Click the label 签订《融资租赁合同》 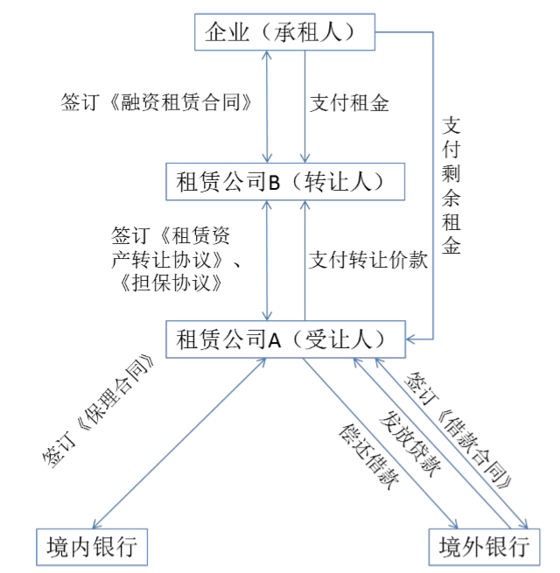coord(157,102)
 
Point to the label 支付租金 coord(349,103)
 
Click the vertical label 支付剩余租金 coord(451,185)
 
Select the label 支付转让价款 coord(368,260)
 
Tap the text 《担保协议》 coord(171,283)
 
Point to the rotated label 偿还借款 coord(368,457)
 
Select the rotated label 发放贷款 coord(409,444)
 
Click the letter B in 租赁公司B coord(274,182)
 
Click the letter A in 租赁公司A coord(275,340)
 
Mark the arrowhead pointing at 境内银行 coord(95,525)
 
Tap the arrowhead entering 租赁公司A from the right coord(409,339)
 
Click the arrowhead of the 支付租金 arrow coord(304,158)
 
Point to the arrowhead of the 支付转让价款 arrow coord(304,205)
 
